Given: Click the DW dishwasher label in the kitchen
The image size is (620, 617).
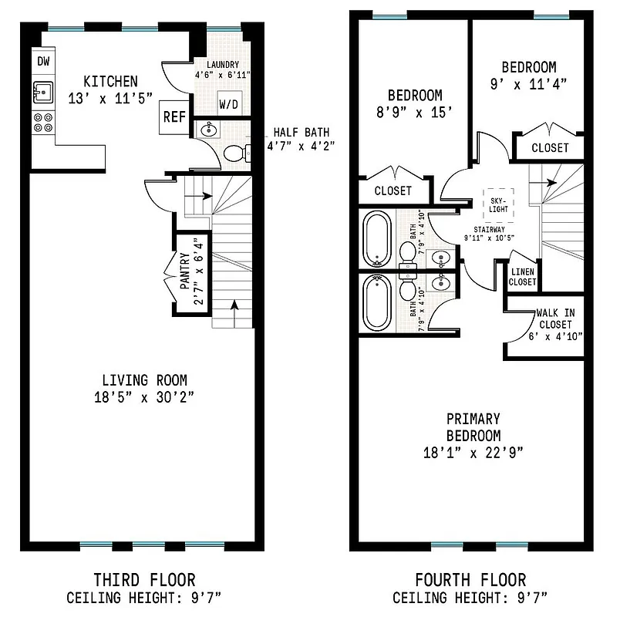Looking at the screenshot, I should click(43, 61).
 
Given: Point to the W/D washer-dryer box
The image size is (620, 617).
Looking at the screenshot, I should click(228, 103).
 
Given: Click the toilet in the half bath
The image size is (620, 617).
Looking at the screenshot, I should click(236, 153).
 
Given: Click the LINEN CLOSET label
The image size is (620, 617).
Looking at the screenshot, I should click(522, 277).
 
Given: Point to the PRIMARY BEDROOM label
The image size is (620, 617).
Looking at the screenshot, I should click(473, 427).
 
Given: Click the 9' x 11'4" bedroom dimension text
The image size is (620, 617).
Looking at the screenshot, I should click(528, 85).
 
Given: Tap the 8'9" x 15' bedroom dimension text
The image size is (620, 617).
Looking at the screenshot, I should click(414, 113).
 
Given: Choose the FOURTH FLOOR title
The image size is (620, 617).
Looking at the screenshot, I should click(470, 579).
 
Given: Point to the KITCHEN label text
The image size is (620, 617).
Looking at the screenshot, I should click(110, 81).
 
